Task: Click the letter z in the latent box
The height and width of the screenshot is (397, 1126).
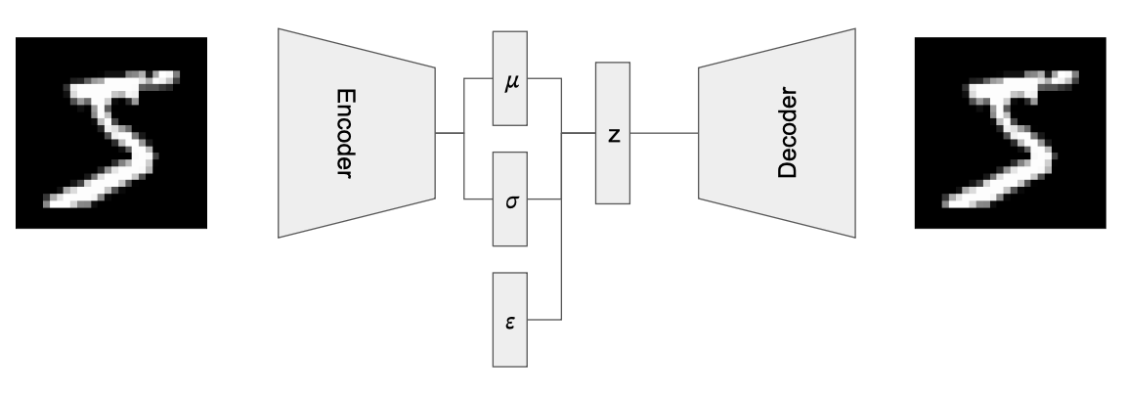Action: [613, 134]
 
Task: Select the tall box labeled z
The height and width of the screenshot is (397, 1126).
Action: [613, 166]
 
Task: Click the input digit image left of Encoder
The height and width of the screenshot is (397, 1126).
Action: [111, 133]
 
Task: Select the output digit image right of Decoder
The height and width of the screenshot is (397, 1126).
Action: [1010, 133]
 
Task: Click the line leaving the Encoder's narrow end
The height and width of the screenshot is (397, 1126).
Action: [450, 133]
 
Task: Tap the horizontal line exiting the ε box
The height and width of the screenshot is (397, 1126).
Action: [544, 320]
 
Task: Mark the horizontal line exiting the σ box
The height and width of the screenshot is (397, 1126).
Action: [544, 199]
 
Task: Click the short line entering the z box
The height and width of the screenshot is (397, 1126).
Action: [579, 133]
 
